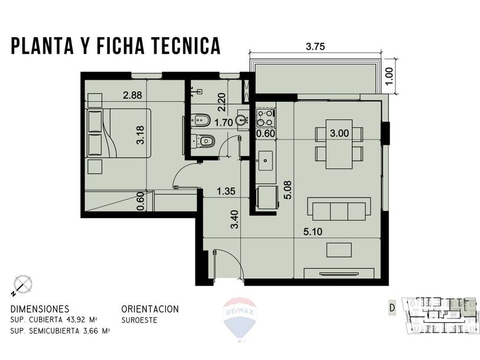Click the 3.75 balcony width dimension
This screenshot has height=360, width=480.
click(315, 47)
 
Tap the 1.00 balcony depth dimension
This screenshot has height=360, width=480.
click(390, 76)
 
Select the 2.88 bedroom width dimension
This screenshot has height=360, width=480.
click(131, 95)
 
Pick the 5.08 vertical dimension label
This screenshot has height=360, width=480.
click(288, 190)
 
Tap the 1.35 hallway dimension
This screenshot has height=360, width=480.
click(227, 191)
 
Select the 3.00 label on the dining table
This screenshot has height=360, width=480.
click(339, 133)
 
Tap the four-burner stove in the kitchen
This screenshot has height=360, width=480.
click(265, 117)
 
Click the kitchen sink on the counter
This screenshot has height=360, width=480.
click(266, 161)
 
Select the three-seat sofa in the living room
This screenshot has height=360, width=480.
click(339, 209)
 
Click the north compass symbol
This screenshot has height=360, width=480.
click(22, 284)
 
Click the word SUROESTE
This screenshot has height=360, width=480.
click(139, 321)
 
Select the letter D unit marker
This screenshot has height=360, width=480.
click(392, 308)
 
